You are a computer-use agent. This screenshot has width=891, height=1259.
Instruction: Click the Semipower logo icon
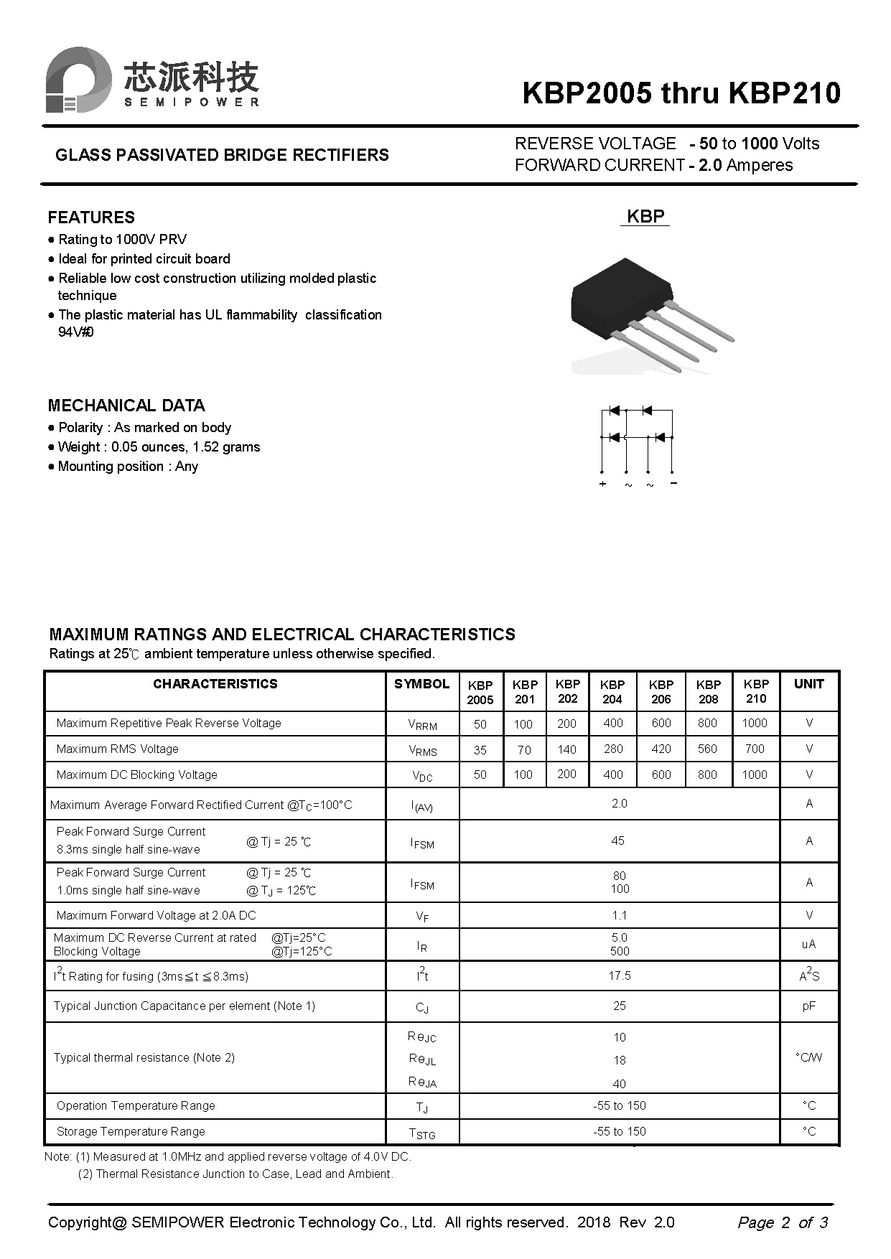(x=78, y=80)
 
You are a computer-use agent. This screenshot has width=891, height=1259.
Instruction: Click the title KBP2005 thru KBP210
(x=681, y=93)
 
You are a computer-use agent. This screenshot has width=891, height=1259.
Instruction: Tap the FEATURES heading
(x=91, y=217)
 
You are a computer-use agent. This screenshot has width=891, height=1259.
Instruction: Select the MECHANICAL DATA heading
(x=126, y=406)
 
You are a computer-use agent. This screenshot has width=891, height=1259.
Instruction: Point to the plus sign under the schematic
(x=602, y=485)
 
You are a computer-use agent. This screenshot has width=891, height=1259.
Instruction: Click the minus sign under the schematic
(x=673, y=483)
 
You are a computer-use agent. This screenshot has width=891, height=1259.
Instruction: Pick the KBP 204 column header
(x=612, y=691)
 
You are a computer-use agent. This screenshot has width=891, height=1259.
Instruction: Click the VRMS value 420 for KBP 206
(x=661, y=749)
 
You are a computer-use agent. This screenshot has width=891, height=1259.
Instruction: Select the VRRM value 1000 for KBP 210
(x=755, y=724)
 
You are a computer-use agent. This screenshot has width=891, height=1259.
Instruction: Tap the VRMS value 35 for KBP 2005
(x=480, y=750)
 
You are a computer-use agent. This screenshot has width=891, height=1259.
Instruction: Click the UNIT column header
(x=808, y=684)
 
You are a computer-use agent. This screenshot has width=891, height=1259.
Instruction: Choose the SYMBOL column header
(x=421, y=684)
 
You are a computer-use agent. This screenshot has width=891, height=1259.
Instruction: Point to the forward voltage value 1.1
(x=620, y=915)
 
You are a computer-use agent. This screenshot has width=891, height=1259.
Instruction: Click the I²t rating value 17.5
(x=620, y=975)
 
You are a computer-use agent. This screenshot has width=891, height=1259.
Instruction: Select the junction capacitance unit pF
(x=809, y=1006)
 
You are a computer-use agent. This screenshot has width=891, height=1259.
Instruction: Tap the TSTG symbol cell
(x=422, y=1133)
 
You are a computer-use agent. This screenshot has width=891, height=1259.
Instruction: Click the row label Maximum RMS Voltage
(x=118, y=749)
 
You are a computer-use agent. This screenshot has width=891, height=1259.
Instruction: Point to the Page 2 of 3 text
(x=783, y=1222)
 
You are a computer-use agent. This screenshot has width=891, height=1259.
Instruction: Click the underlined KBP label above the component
(x=645, y=217)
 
